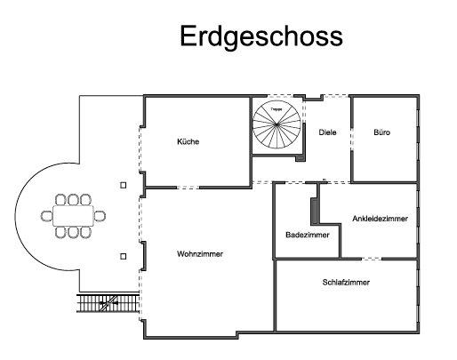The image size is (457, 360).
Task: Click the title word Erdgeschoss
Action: tap(261, 36)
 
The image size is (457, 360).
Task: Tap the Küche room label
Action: tap(188, 142)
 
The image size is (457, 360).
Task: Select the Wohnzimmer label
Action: tap(200, 254)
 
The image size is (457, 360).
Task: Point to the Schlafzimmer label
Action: tap(346, 282)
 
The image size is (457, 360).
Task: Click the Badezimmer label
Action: tap(308, 236)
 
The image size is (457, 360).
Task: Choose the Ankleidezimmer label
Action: tap(381, 218)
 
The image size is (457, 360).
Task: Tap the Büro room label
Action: tap(382, 132)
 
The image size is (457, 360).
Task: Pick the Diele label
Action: tap(328, 132)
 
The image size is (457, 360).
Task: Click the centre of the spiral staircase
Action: tap(276, 124)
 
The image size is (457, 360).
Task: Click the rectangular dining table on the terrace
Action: tap(72, 215)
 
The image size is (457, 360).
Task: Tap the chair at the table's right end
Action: tap(101, 215)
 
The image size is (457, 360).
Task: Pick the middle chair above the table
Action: tap(72, 199)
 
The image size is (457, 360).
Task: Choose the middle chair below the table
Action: tap(72, 231)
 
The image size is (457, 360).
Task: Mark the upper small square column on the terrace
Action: tap(123, 185)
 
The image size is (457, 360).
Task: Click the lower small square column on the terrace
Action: tap(123, 257)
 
